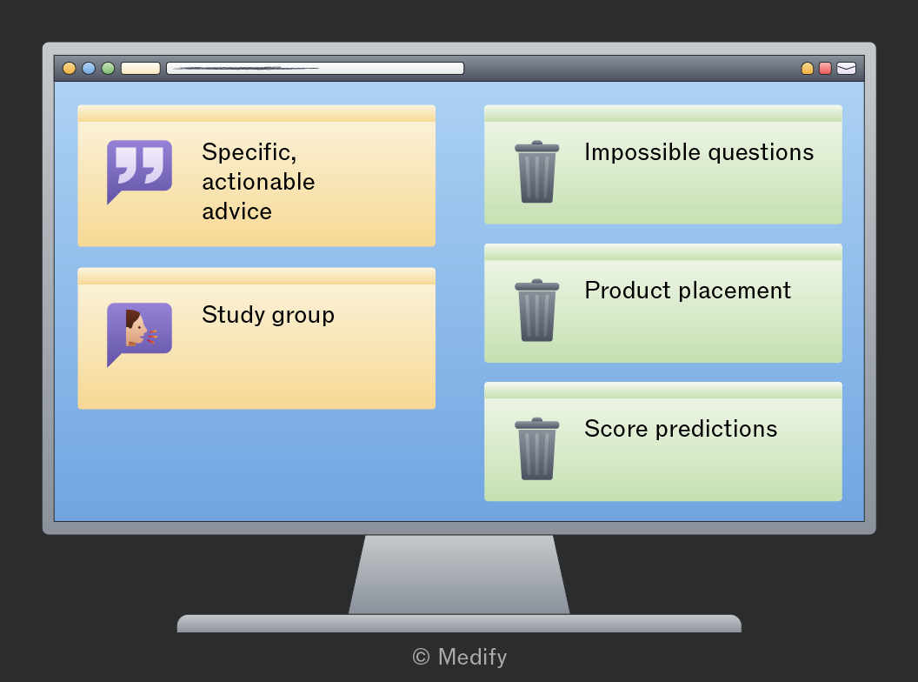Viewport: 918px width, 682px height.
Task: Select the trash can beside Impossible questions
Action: click(x=537, y=171)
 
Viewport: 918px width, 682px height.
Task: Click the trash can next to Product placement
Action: click(x=537, y=310)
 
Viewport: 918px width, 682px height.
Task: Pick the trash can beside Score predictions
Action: click(x=537, y=448)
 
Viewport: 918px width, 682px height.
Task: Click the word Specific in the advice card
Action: click(x=249, y=152)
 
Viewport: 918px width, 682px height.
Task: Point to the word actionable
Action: click(x=258, y=182)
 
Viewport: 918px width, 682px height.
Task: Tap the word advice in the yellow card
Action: click(x=237, y=211)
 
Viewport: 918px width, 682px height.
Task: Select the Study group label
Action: click(x=268, y=315)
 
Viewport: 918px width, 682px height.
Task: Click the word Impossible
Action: click(x=642, y=152)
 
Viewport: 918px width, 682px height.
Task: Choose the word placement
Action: click(x=735, y=291)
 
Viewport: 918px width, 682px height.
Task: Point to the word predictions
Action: click(x=716, y=429)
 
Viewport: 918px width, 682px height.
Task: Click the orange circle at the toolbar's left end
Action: click(x=69, y=69)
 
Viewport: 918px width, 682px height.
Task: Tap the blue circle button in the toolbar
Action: click(x=89, y=69)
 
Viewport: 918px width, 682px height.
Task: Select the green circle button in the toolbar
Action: click(x=108, y=69)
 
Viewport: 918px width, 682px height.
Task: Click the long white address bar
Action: click(x=315, y=69)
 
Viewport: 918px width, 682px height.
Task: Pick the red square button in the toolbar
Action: click(x=825, y=69)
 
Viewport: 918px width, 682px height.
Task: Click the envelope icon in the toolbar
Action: click(x=846, y=69)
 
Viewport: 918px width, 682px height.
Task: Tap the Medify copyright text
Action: click(x=460, y=657)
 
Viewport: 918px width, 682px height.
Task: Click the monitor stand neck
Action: click(x=459, y=574)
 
